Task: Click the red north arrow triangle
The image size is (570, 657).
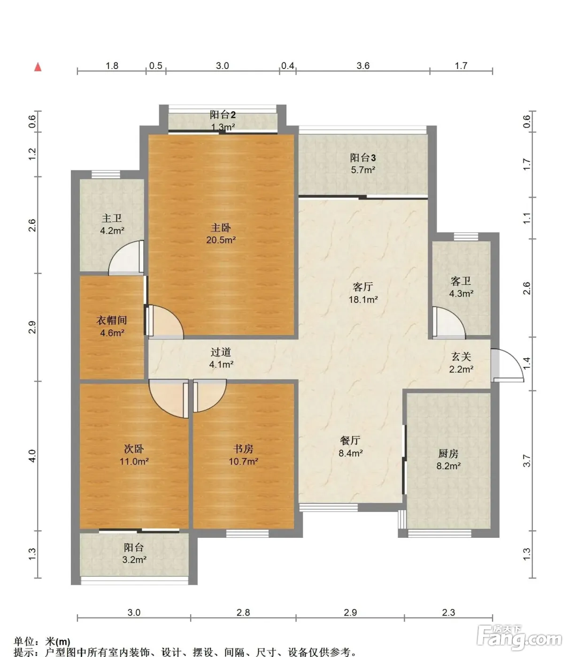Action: [38, 67]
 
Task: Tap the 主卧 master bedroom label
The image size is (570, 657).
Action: [221, 228]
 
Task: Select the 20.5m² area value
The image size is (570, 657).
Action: [221, 240]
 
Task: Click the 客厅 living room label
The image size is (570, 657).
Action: [362, 287]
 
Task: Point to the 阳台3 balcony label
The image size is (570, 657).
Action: [363, 158]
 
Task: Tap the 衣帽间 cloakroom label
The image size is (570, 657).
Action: [112, 320]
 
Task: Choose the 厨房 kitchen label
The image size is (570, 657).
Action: [448, 454]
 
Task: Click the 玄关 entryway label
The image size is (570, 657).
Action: [461, 357]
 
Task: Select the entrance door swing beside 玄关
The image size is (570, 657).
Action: [507, 365]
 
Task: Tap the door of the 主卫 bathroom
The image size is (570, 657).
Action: [126, 258]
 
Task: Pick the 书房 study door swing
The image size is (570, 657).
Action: [209, 396]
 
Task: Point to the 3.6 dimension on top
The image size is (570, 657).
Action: [363, 66]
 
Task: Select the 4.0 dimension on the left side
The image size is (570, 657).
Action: [32, 456]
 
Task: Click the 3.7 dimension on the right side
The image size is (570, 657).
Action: [527, 461]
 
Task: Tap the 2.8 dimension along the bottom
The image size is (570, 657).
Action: [243, 612]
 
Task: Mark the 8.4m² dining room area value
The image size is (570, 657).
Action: [351, 453]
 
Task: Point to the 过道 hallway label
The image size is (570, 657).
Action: [221, 352]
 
